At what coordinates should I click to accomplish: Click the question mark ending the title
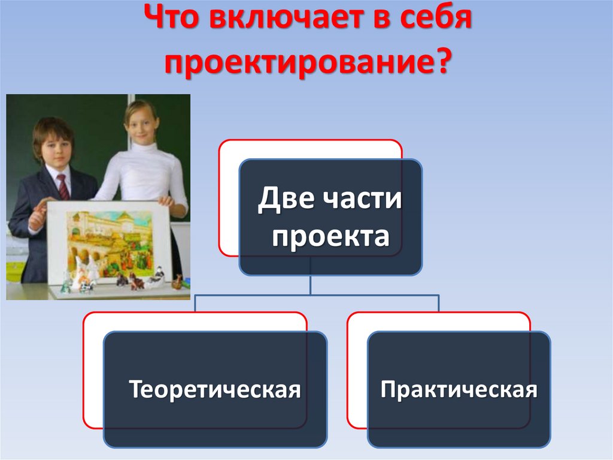(441, 62)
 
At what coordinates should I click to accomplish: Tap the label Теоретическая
(215, 389)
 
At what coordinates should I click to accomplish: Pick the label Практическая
(459, 389)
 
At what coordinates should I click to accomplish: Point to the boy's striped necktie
(63, 187)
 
